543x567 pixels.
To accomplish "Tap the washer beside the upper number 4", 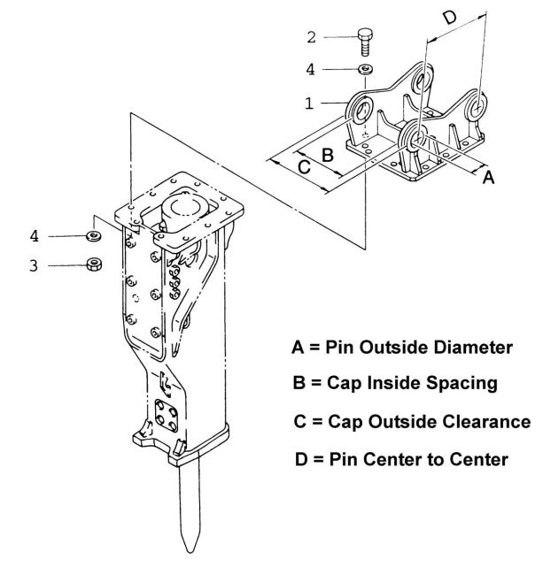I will coord(365,69).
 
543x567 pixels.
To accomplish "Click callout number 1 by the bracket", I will coord(308,103).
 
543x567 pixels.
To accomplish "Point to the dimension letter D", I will coord(449,17).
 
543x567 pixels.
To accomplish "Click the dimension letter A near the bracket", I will coord(486,177).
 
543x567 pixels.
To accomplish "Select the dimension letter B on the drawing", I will coord(327,154).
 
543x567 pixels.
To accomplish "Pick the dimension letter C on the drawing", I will coord(303,166).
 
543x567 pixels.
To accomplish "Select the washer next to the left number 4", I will coord(91,236).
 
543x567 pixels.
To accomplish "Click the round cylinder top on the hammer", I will coord(186,211).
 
